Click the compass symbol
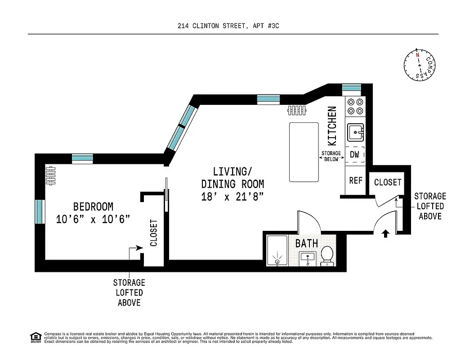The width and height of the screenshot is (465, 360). coord(420,66)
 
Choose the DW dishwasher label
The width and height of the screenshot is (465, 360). coord(354,154)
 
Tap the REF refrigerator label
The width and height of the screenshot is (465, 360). coord(355,180)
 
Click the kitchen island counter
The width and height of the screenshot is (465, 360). coord(304,152)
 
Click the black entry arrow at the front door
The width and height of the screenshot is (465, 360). coord(385,234)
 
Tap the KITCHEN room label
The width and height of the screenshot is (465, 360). coord(332,126)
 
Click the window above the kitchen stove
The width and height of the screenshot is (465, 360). coord(351,87)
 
